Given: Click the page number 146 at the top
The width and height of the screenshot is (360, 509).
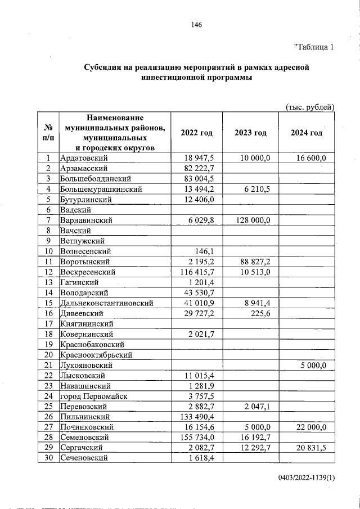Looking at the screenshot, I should point(196,25).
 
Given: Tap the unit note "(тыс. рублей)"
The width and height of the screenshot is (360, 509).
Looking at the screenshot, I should point(310,107).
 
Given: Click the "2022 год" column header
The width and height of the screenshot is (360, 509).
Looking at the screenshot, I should point(197,133).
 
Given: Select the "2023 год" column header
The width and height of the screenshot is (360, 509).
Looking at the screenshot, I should point(251,133).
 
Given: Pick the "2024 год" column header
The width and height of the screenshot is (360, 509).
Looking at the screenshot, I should point(307,133).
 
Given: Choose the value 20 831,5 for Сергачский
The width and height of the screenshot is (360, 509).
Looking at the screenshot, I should point(313,448).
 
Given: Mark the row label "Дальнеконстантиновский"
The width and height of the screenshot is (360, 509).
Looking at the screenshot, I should point(107,303).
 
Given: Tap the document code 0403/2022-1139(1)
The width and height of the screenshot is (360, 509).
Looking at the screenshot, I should point(306,478).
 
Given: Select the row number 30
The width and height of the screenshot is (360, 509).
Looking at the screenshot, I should point(48,458).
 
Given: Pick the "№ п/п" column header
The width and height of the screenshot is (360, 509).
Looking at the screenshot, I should point(48,133).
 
